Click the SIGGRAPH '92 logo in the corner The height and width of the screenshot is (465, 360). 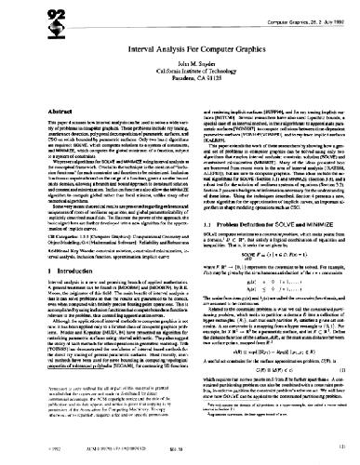click(x=20, y=13)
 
